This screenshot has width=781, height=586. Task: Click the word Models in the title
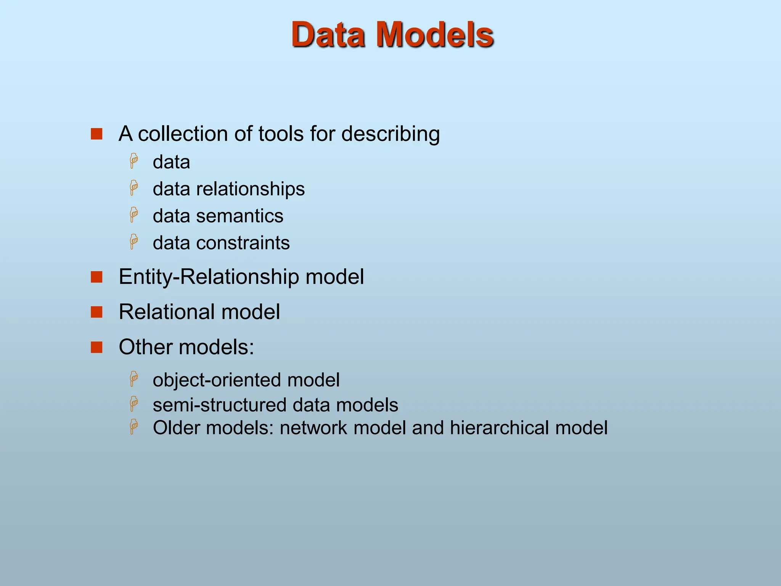click(435, 35)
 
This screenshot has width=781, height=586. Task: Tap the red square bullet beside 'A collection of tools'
click(96, 134)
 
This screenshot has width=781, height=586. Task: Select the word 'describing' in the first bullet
click(390, 134)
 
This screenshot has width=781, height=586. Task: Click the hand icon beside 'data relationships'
click(134, 188)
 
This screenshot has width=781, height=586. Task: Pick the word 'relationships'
click(250, 189)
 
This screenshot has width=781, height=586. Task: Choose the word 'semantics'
click(239, 216)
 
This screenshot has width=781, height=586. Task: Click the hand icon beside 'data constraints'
click(134, 242)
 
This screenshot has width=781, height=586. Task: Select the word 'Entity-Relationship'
click(209, 277)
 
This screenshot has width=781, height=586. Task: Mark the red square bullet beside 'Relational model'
click(96, 312)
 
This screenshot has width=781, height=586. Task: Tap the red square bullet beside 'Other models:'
click(96, 348)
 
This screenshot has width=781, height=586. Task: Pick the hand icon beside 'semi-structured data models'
click(134, 404)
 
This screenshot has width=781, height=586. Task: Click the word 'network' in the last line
click(313, 428)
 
